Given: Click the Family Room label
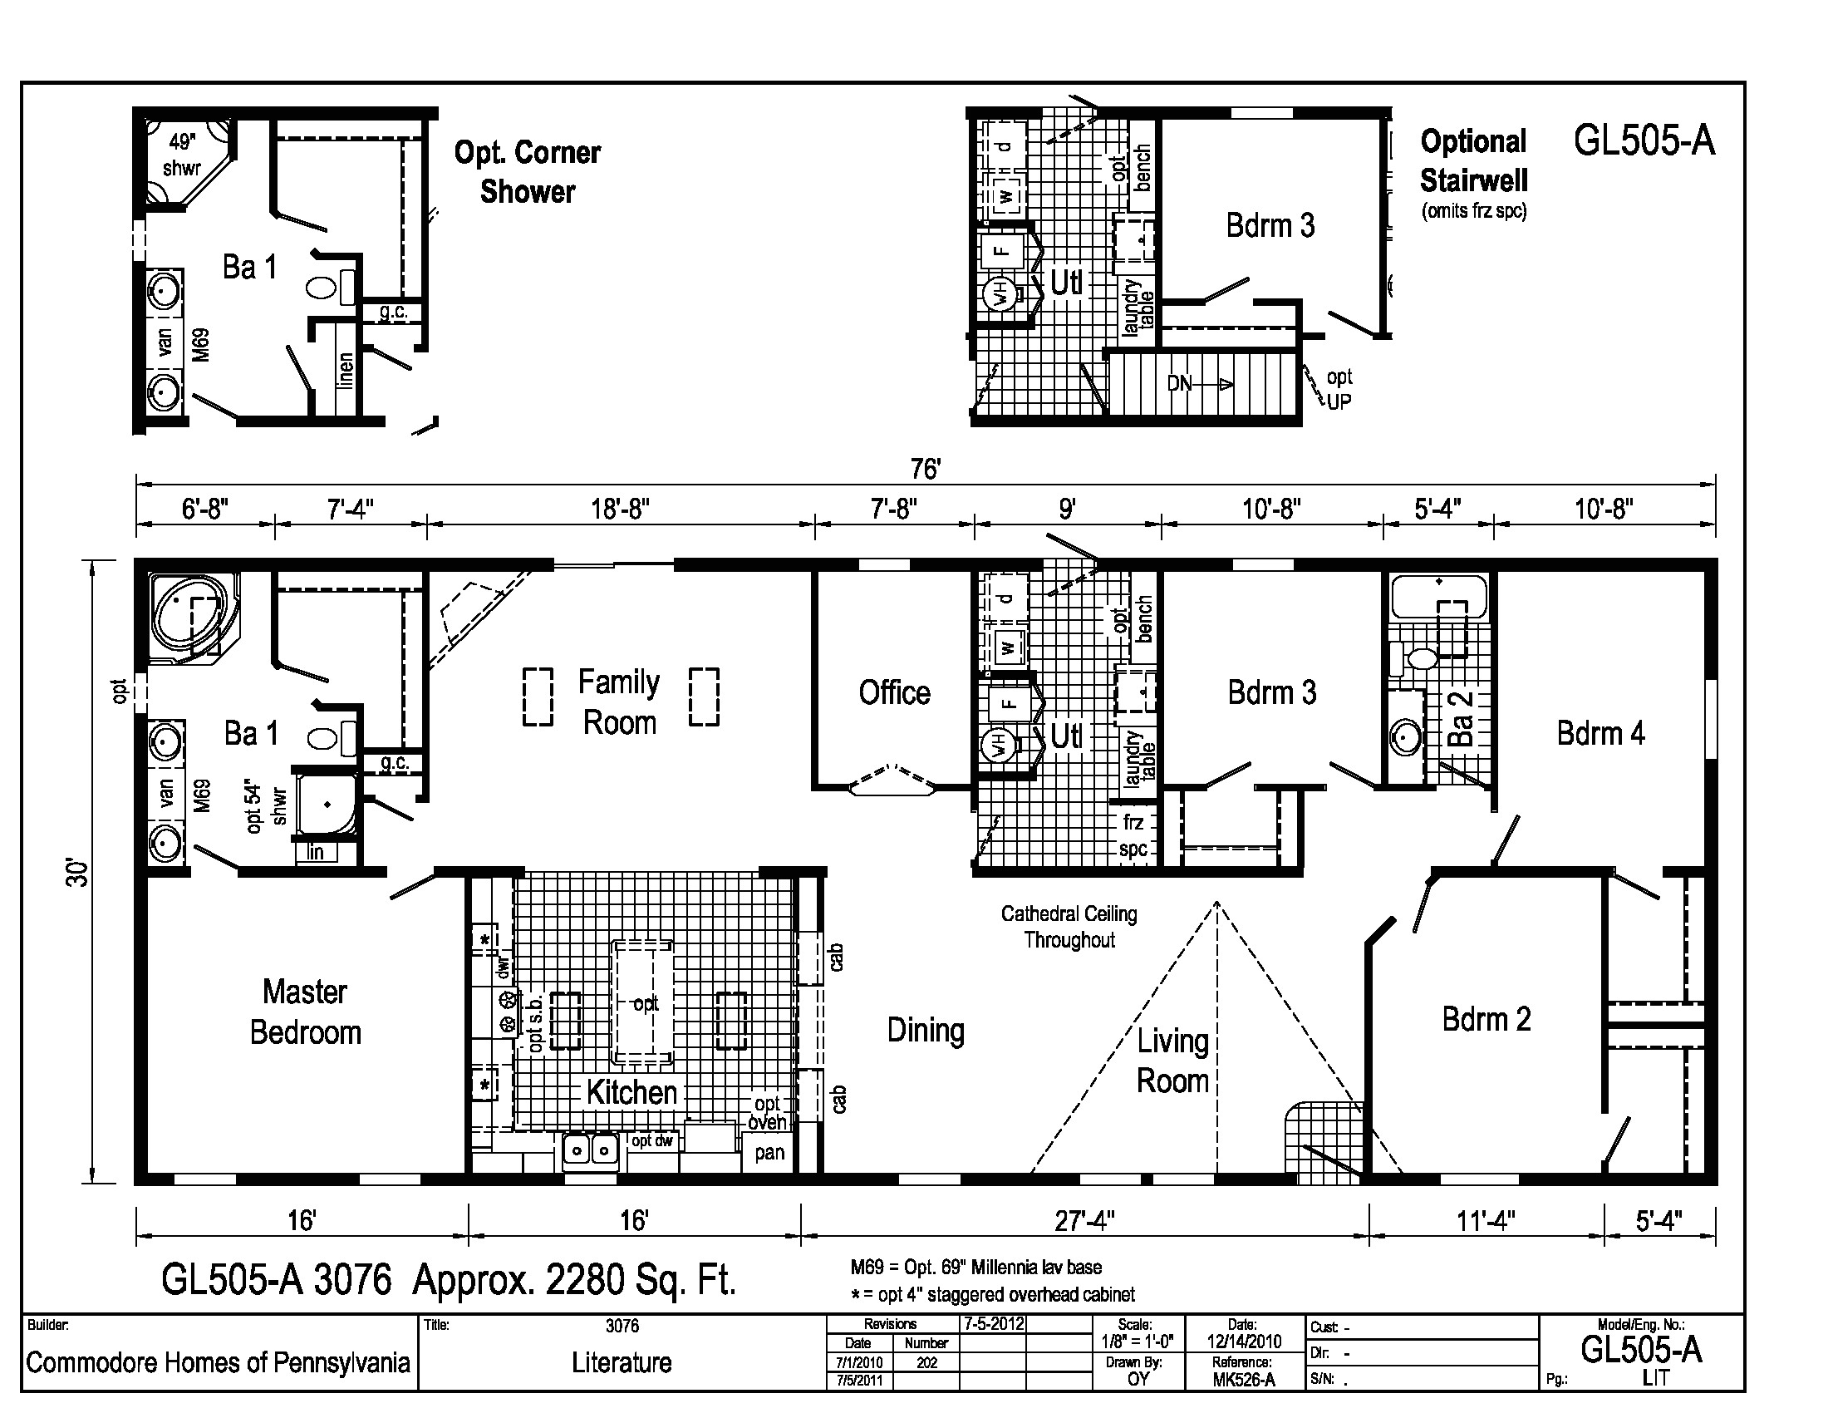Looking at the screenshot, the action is (x=619, y=702).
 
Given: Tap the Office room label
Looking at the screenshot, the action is (x=894, y=693).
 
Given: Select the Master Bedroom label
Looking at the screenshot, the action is (x=306, y=1012).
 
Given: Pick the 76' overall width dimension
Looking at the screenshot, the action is (x=925, y=469).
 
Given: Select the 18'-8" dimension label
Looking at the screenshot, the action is (x=620, y=509).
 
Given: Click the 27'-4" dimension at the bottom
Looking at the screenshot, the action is (x=1084, y=1221).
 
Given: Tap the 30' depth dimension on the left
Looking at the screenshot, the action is (x=77, y=872).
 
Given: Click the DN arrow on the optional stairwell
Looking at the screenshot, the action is (x=1199, y=384).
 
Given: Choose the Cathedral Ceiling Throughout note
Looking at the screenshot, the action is (x=1069, y=927).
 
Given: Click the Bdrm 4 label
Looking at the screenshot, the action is (x=1600, y=733).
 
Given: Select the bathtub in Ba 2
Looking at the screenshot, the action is (x=1439, y=596).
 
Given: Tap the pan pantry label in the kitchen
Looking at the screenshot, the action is (x=769, y=1154).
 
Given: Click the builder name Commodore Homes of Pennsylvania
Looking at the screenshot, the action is (x=218, y=1364).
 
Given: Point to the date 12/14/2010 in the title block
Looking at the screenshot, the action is (x=1244, y=1341).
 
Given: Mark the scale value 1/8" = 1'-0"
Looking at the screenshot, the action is (x=1138, y=1341).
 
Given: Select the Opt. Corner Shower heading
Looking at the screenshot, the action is (x=528, y=171).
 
